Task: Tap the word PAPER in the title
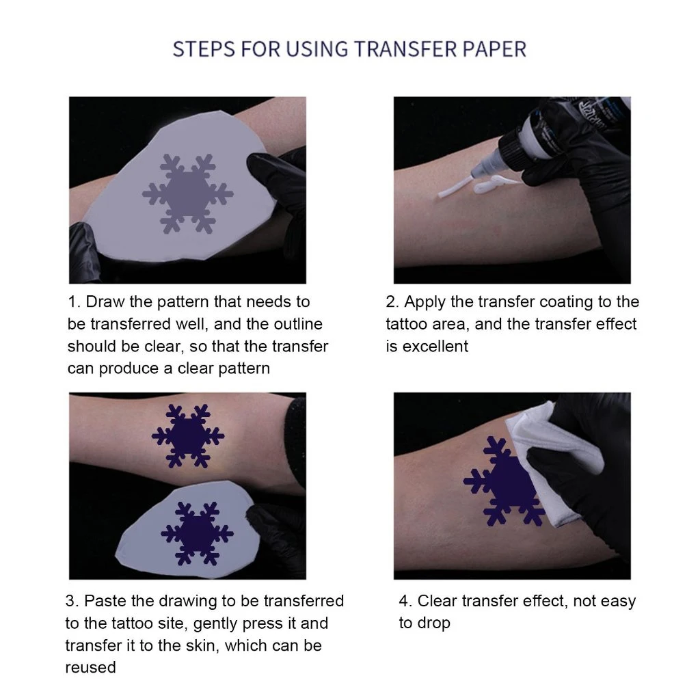click(x=495, y=49)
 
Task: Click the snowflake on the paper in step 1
click(x=187, y=193)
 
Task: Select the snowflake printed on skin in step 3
click(x=188, y=436)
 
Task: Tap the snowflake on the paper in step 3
click(x=197, y=533)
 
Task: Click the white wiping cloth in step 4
click(x=554, y=460)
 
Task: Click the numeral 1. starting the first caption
click(x=74, y=301)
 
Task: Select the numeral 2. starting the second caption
click(x=392, y=301)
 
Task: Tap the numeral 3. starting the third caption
click(x=72, y=601)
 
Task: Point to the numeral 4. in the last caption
click(x=406, y=601)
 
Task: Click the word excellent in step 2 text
click(x=435, y=347)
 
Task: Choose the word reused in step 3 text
click(x=91, y=667)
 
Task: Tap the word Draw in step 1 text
click(x=105, y=301)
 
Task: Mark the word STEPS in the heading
click(x=204, y=49)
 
